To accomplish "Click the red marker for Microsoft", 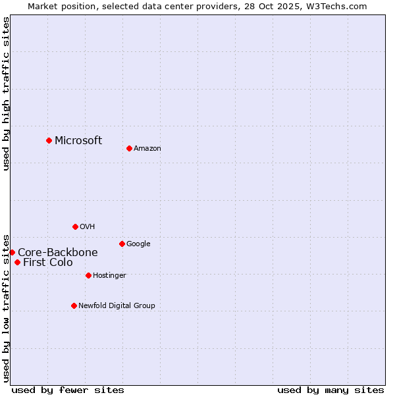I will (x=49, y=140).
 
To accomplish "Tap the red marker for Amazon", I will (x=129, y=148).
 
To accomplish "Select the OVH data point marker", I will (x=75, y=226).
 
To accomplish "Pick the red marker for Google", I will (x=122, y=244).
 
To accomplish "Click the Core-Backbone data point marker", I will (x=12, y=252).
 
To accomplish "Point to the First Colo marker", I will (x=17, y=262).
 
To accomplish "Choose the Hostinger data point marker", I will (x=88, y=275).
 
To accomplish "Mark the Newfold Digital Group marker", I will (x=74, y=305).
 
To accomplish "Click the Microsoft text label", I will (x=78, y=140).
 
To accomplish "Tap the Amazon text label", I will (x=147, y=149).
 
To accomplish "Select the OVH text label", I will (x=88, y=227).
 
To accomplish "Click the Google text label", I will (x=138, y=244).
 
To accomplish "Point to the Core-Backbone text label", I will (x=58, y=252).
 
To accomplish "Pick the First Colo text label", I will (x=48, y=263).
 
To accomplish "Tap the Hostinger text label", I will (x=109, y=276).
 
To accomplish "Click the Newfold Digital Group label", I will (x=117, y=306).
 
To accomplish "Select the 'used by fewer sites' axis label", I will (x=68, y=390).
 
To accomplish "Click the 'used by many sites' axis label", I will (x=330, y=390).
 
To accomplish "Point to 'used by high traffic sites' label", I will (x=6, y=93).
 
